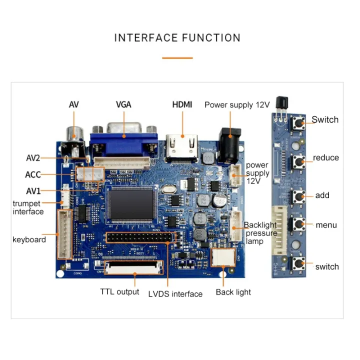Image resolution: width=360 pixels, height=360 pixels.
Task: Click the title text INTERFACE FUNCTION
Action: tap(177, 38)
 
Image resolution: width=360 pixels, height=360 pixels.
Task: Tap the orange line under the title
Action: tap(177, 58)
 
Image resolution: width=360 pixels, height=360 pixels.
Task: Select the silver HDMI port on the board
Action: tap(182, 145)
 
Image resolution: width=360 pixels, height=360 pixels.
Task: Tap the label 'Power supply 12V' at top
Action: tap(237, 104)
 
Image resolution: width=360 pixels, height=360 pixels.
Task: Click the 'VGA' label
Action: tap(123, 104)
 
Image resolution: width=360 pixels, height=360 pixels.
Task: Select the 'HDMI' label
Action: tap(182, 104)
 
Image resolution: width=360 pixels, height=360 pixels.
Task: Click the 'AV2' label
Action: tap(33, 158)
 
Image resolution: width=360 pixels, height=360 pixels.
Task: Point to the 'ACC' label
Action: tap(33, 175)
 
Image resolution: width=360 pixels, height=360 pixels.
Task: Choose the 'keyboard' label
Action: tap(29, 239)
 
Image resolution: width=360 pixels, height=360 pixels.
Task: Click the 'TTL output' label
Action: tap(119, 291)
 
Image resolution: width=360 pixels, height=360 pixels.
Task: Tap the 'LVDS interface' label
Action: tap(175, 294)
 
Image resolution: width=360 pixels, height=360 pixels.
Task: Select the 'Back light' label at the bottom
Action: tap(233, 292)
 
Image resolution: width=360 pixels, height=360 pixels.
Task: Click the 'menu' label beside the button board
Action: tap(326, 225)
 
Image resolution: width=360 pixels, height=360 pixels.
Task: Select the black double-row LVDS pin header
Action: tap(140, 237)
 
